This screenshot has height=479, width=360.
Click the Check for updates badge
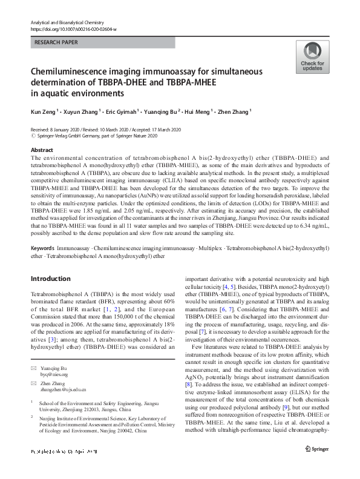[312, 58]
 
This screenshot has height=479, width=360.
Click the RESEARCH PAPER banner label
[56, 43]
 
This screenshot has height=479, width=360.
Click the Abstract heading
[42, 150]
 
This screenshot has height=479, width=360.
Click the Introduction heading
[50, 279]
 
